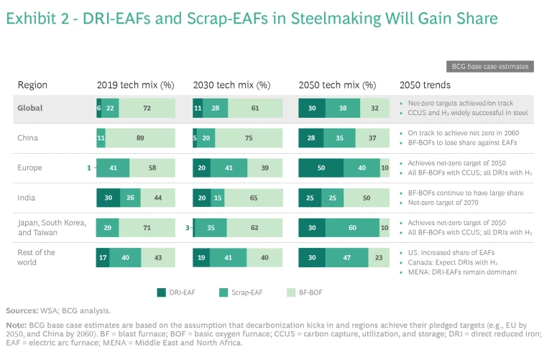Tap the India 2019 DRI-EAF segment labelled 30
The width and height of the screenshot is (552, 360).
pos(108,198)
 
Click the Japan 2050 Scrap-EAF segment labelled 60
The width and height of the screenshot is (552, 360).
pos(354,228)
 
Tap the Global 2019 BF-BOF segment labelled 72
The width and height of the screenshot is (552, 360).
pos(147,108)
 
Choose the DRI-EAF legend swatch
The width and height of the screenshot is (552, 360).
pos(162,292)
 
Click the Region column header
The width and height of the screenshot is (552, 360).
pos(32,85)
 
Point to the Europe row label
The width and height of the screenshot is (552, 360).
pos(30,167)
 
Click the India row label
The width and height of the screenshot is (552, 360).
pos(27,198)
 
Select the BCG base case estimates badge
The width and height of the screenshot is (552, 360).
pos(489,66)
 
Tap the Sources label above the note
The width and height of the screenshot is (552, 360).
pos(24,310)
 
